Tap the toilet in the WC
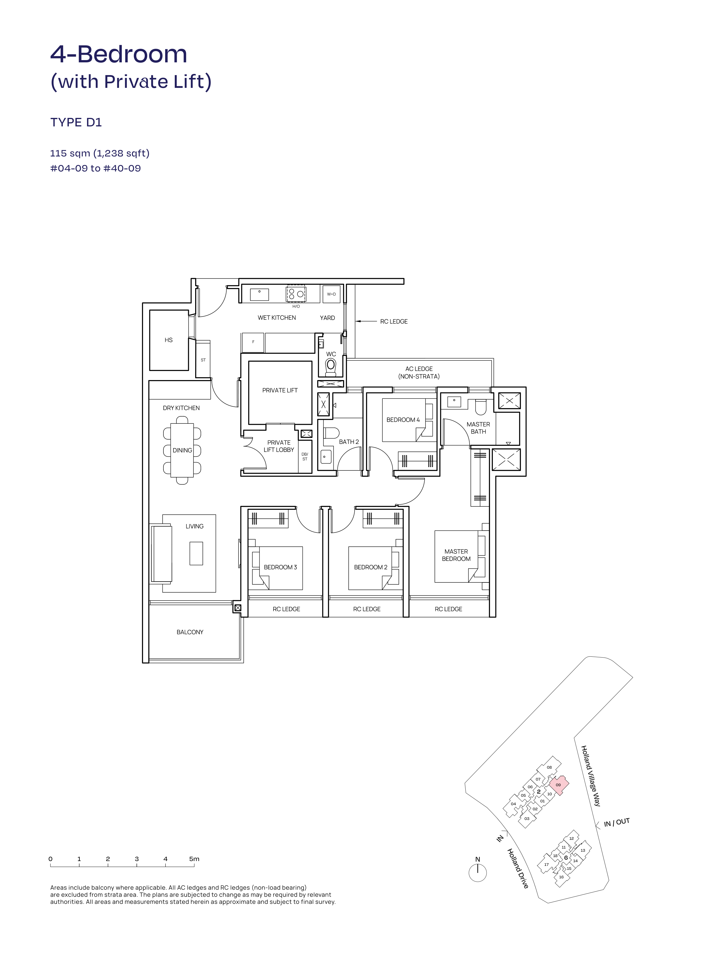[331, 366]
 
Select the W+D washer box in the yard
[331, 294]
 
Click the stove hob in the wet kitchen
[296, 293]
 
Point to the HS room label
[169, 340]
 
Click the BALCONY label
[190, 632]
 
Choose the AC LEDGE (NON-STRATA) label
[419, 372]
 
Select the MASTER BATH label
[478, 428]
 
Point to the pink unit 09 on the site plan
[558, 785]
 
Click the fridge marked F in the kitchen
[253, 342]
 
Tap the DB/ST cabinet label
[305, 456]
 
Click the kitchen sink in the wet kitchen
[259, 294]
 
